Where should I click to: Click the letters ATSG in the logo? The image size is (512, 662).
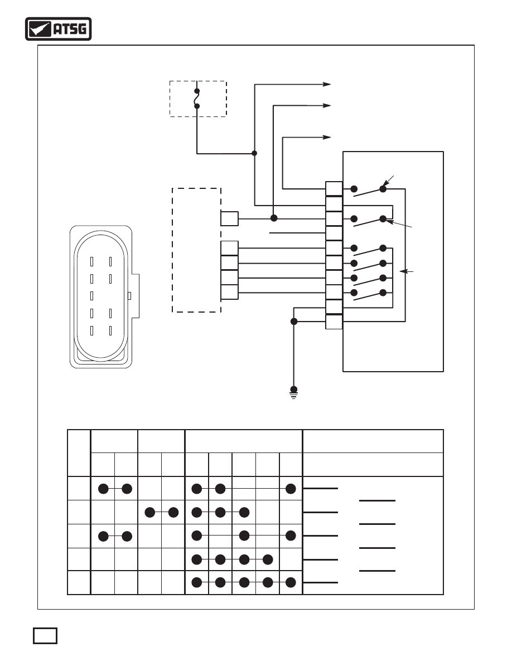point(70,29)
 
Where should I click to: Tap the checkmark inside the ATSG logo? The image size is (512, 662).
point(38,29)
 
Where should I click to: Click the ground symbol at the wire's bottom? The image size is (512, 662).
point(293,393)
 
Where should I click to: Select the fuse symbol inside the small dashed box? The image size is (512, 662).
point(197,99)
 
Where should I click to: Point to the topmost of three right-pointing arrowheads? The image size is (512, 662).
point(326,85)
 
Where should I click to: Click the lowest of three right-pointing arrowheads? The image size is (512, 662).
point(326,137)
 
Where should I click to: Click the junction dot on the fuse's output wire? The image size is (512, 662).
point(254,153)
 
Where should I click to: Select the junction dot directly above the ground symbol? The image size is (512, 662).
point(294,322)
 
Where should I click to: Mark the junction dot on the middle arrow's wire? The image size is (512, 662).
point(274,218)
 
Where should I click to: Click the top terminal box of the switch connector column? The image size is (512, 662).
point(334,189)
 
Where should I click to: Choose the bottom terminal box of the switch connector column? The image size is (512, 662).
point(334,322)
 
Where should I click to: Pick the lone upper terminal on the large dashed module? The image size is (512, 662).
point(229,218)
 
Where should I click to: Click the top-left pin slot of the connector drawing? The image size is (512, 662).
point(91,262)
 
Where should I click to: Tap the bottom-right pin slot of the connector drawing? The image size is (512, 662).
point(110,330)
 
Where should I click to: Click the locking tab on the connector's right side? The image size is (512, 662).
point(135,296)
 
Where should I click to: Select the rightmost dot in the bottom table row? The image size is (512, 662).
point(291,583)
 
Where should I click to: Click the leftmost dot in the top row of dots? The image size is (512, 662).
point(104,489)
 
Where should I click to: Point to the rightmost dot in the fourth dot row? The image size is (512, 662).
point(268,560)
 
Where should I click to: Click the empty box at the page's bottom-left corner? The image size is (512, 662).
point(45,636)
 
